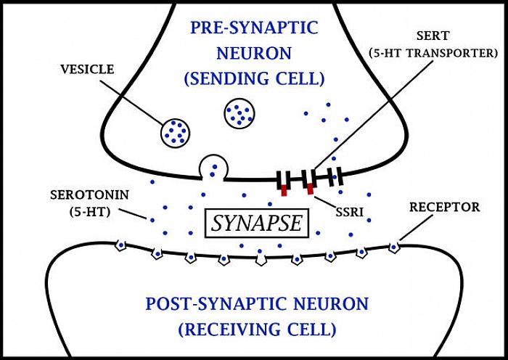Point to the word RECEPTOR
click(444, 208)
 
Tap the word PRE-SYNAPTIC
click(254, 28)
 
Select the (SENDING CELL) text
click(255, 78)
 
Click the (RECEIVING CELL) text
click(257, 329)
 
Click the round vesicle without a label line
click(239, 112)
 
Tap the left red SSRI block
click(284, 190)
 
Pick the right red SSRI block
click(310, 190)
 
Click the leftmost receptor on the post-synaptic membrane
click(121, 245)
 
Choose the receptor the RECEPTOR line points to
click(393, 247)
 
